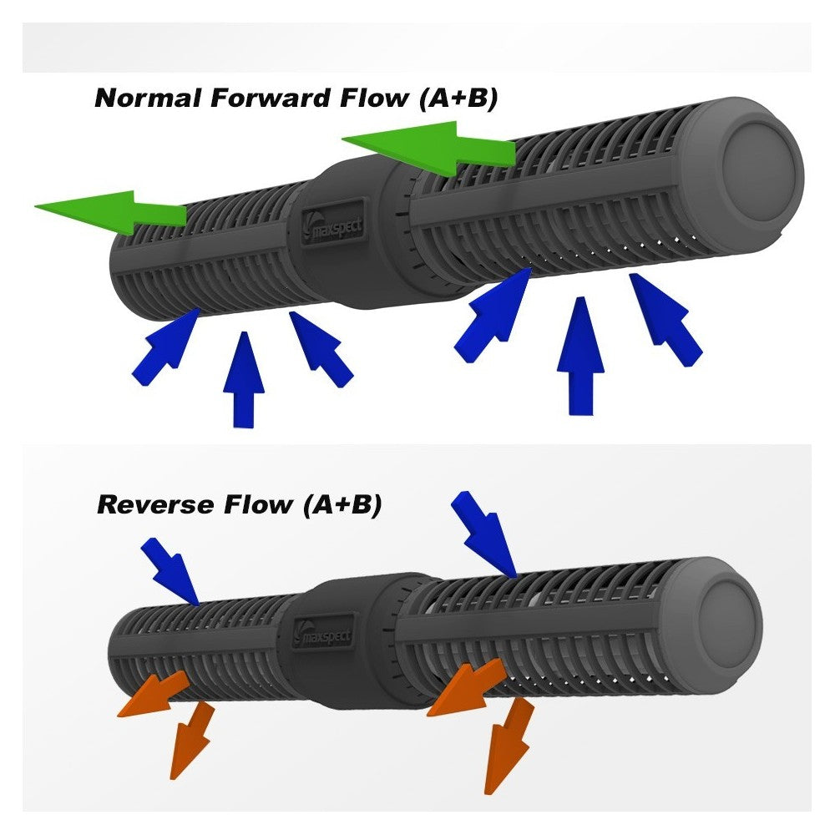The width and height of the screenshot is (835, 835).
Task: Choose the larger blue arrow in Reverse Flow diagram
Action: (x=484, y=532)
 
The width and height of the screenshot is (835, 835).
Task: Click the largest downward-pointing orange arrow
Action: (x=507, y=747)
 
